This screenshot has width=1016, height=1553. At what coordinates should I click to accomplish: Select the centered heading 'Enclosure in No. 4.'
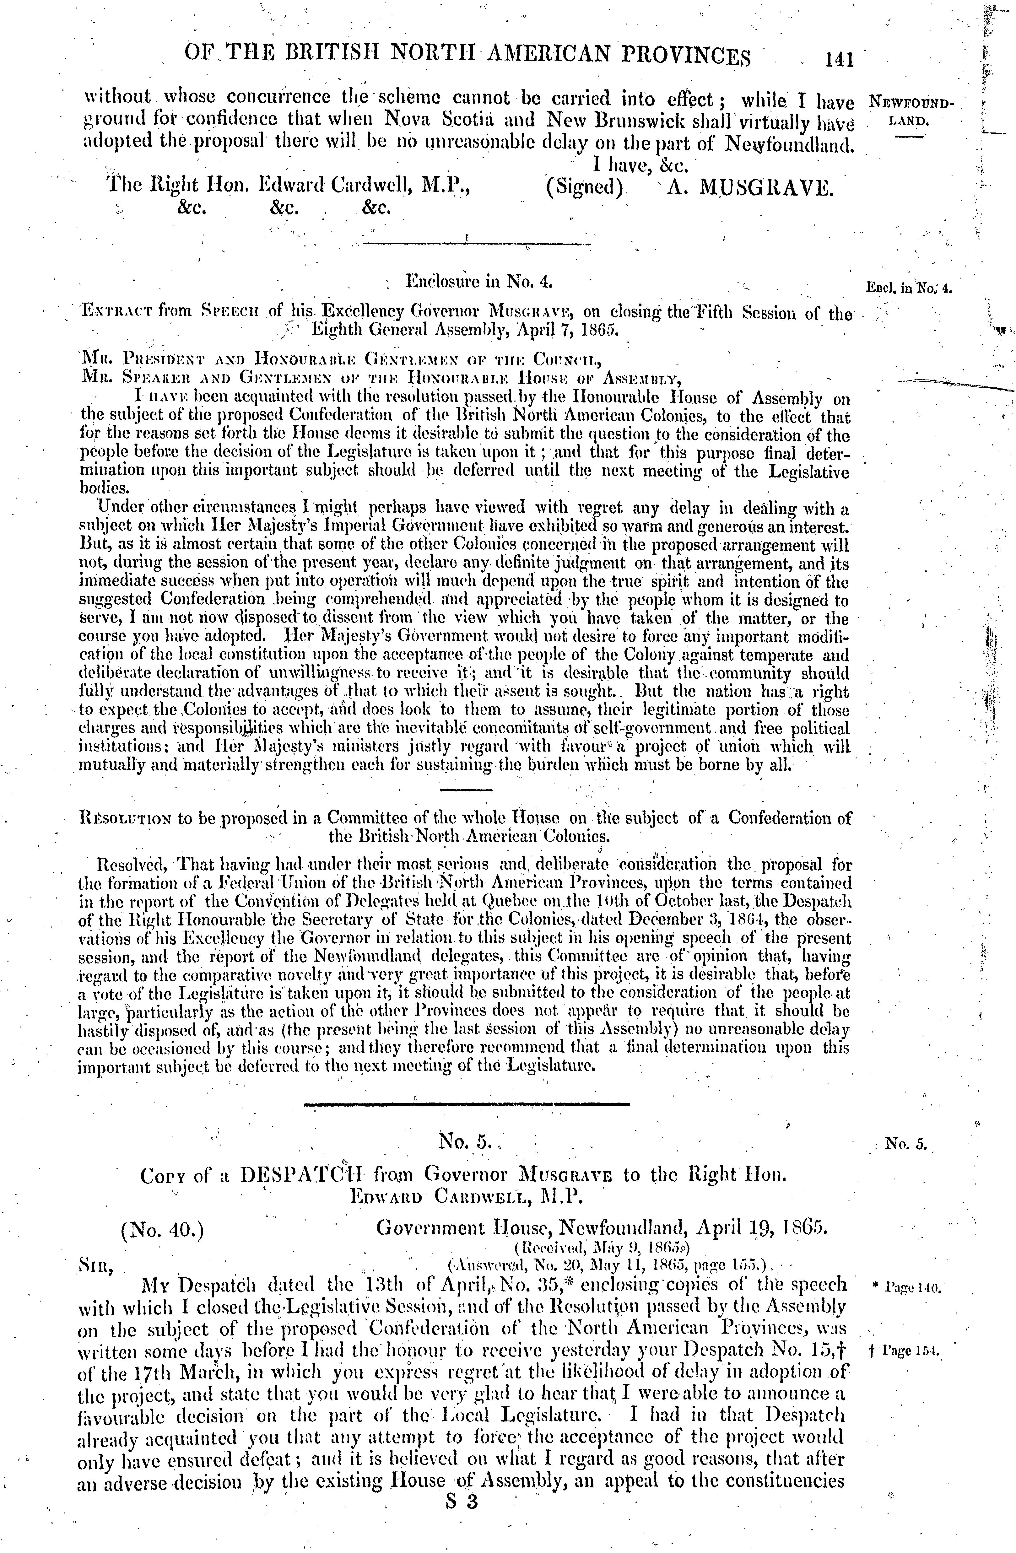tap(480, 282)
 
